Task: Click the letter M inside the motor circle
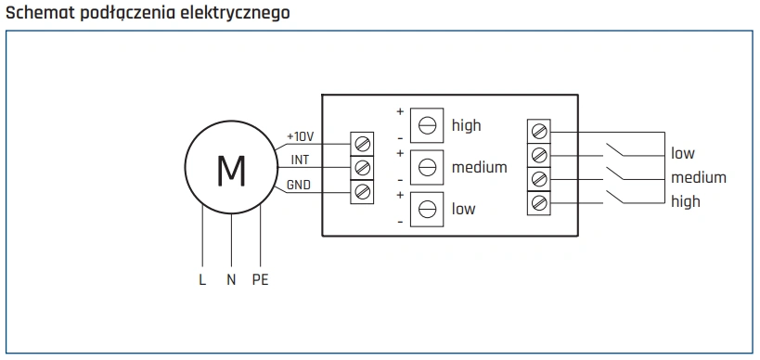coord(230,170)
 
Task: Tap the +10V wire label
coord(300,136)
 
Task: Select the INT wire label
coord(300,160)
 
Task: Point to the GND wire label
coord(298,185)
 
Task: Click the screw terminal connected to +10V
coord(363,144)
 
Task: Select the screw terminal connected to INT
coord(363,168)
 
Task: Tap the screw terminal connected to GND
coord(363,191)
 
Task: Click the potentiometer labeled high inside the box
coord(427,124)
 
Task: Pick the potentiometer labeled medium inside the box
coord(427,167)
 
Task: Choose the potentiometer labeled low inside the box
coord(427,209)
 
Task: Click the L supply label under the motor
coord(202,279)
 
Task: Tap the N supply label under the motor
coord(231,279)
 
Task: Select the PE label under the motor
coord(260,279)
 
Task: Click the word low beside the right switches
coord(682,153)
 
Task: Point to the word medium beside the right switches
coord(698,177)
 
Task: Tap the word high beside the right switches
coord(685,200)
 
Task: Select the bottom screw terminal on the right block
coord(538,201)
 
